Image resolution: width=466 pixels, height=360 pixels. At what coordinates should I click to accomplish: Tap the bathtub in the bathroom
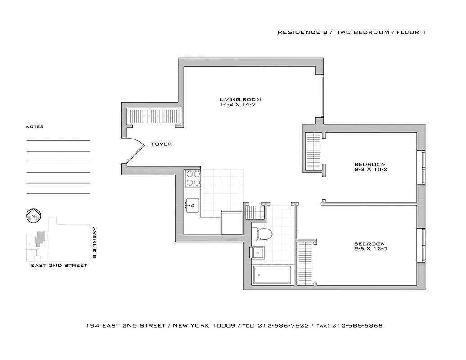click(x=271, y=275)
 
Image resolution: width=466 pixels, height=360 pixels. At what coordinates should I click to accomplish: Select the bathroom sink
click(x=258, y=253)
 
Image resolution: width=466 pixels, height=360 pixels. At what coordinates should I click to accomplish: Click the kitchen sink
click(x=193, y=206)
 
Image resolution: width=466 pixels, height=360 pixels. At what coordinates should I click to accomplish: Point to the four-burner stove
click(x=193, y=178)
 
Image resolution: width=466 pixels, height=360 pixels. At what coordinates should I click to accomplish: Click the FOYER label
click(x=161, y=144)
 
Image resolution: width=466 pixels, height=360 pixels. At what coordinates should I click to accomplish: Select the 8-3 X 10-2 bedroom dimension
click(x=370, y=170)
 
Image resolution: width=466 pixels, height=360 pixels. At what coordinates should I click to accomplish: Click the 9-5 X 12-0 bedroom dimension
click(x=370, y=248)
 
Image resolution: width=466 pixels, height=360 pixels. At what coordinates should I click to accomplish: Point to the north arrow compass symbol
click(x=34, y=216)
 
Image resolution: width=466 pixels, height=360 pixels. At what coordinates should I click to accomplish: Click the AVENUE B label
click(x=95, y=242)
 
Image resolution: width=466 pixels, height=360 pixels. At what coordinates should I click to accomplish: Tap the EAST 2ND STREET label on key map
click(x=59, y=265)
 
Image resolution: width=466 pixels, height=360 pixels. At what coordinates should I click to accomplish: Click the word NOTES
click(x=35, y=127)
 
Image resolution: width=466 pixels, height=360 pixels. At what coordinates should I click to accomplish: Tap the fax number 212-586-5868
click(x=357, y=325)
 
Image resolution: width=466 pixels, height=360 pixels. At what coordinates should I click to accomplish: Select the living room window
click(x=321, y=96)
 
